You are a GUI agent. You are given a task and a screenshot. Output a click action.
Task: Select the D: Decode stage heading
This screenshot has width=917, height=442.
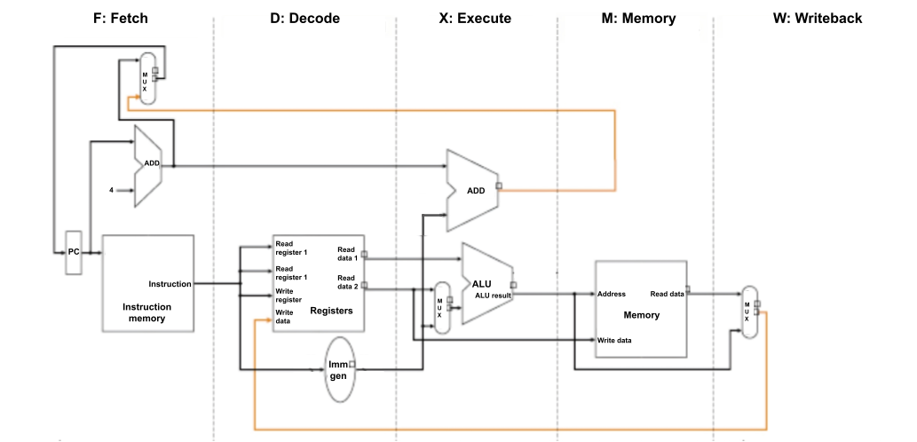(304, 18)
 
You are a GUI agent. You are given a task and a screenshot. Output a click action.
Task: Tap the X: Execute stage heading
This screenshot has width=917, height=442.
(475, 18)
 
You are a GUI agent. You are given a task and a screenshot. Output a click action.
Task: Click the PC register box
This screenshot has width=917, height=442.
(74, 252)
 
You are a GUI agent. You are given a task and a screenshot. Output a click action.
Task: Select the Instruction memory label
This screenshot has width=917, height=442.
(146, 312)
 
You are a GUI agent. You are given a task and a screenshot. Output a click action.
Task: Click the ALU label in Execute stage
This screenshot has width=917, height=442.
(481, 284)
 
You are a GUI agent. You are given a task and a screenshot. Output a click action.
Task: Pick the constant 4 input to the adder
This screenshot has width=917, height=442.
(112, 190)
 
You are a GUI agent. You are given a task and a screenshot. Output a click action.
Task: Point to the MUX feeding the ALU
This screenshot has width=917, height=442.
(441, 307)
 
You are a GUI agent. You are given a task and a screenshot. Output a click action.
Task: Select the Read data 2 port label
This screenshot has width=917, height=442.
(345, 282)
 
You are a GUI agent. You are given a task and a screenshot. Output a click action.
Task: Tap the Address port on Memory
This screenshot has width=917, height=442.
(613, 294)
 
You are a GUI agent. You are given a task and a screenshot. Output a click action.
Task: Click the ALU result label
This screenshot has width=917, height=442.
(493, 295)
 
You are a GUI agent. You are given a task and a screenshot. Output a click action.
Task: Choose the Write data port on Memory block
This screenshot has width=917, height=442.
(614, 339)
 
